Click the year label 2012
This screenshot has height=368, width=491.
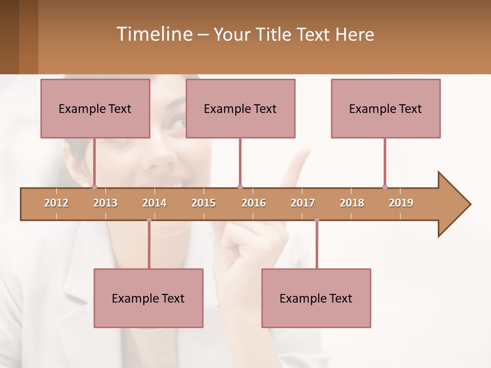click(x=56, y=203)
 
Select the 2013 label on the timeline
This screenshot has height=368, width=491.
click(x=105, y=203)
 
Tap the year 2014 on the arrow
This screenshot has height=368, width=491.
click(x=154, y=203)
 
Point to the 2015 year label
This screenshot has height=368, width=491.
click(x=204, y=203)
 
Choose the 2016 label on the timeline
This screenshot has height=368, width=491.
click(x=254, y=203)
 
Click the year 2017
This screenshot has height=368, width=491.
click(x=303, y=203)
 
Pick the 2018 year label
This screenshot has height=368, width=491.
click(x=352, y=203)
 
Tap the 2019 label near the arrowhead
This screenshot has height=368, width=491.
click(x=401, y=203)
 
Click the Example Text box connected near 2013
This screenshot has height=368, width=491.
click(x=95, y=108)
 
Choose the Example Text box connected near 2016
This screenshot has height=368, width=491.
click(x=240, y=108)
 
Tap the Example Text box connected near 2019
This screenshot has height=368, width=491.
click(x=386, y=108)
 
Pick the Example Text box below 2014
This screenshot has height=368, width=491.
click(x=148, y=298)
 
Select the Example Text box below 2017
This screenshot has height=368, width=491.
click(x=316, y=298)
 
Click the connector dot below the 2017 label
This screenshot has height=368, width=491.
click(x=317, y=220)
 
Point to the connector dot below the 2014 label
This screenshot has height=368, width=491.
click(x=149, y=220)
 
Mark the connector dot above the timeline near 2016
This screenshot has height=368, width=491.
click(x=240, y=187)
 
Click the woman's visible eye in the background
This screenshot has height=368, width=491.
click(x=177, y=123)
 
